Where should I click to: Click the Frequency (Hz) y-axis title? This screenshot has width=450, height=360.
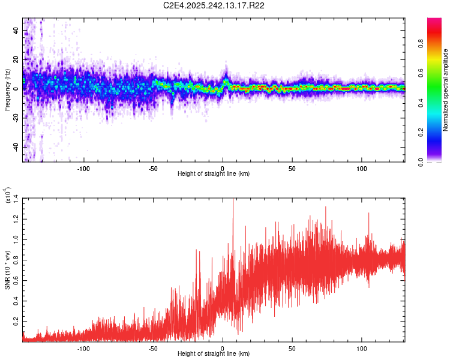[x=7, y=90]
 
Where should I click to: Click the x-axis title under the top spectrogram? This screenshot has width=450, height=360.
[x=214, y=174]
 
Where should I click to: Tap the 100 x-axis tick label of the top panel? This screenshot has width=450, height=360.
[x=362, y=168]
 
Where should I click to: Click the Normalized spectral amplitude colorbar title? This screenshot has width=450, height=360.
[x=445, y=90]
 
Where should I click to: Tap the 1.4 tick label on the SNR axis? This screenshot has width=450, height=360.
[x=16, y=198]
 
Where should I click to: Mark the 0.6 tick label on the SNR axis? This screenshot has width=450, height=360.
[x=16, y=280]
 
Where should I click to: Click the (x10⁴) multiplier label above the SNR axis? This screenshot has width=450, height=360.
[x=8, y=196]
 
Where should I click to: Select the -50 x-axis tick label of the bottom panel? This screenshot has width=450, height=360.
[x=152, y=348]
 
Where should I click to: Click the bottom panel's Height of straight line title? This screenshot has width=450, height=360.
[x=214, y=354]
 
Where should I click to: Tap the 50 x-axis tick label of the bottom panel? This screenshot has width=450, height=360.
[x=292, y=348]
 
